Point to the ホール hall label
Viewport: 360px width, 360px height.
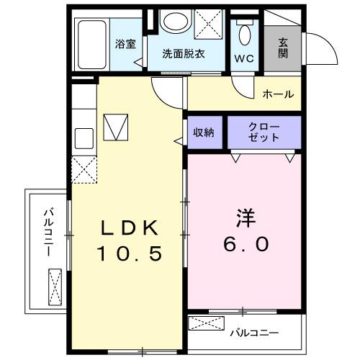[x=277, y=94]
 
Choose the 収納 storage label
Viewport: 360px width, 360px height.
[x=204, y=132]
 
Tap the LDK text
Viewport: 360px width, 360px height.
[x=129, y=229]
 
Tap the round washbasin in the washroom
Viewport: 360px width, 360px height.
[x=174, y=21]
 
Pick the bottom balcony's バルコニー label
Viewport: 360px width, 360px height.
[x=254, y=333]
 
